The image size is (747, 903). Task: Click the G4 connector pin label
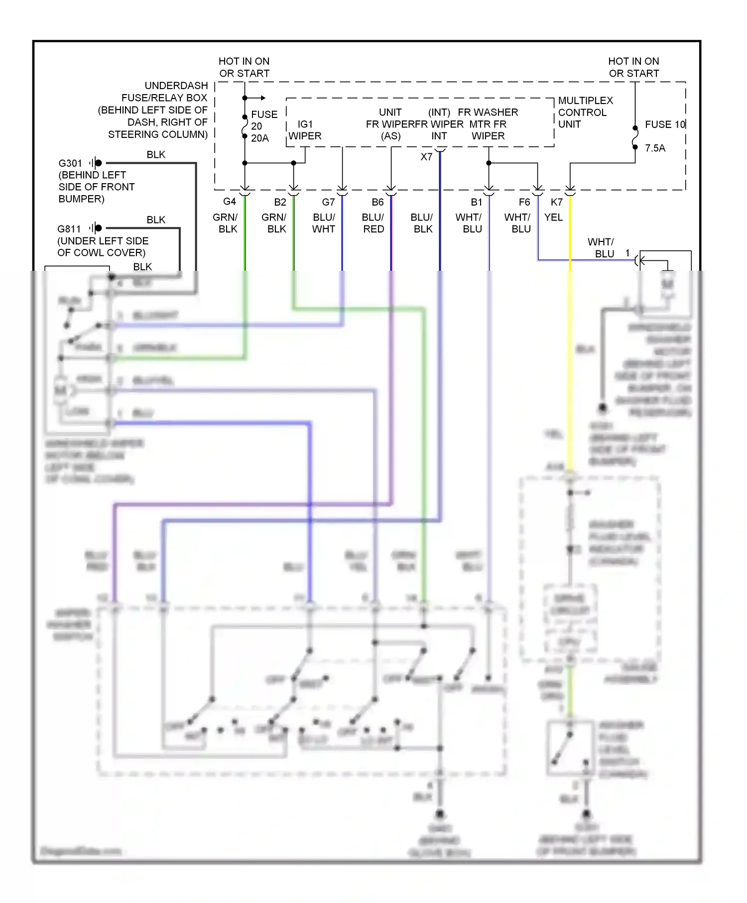[229, 202]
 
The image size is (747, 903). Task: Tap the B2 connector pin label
[280, 202]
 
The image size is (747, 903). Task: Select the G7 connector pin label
[328, 202]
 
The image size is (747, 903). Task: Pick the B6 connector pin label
[377, 202]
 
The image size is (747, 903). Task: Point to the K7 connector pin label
[556, 202]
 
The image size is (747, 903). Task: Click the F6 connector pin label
[524, 202]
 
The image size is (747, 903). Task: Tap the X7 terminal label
[426, 157]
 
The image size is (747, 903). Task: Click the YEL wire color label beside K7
[553, 218]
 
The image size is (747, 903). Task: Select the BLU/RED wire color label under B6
[373, 223]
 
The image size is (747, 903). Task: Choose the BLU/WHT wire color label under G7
[324, 223]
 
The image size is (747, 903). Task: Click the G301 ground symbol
[96, 163]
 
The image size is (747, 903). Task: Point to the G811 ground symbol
[96, 228]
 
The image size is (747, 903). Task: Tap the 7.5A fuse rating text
[655, 148]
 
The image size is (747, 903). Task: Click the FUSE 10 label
[665, 124]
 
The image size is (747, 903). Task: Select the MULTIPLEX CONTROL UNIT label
[585, 113]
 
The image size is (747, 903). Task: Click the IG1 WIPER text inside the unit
[305, 130]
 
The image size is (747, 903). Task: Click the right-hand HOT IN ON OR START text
[633, 67]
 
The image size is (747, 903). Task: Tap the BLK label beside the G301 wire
[156, 155]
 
